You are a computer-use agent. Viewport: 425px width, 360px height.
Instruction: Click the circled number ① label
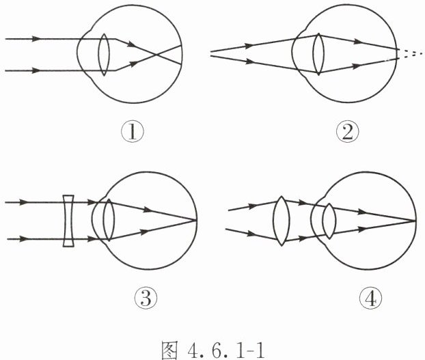tap(134, 130)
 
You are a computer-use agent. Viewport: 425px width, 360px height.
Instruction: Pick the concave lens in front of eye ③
tap(68, 221)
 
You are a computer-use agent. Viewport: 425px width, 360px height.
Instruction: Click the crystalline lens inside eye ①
tap(103, 53)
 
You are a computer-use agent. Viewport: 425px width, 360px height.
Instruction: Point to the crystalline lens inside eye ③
tap(106, 219)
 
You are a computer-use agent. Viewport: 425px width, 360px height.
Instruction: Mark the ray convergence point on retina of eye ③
tap(197, 220)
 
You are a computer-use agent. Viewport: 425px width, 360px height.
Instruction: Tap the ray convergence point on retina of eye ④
tap(415, 221)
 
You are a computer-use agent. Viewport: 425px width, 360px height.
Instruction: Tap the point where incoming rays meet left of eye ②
tap(212, 52)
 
